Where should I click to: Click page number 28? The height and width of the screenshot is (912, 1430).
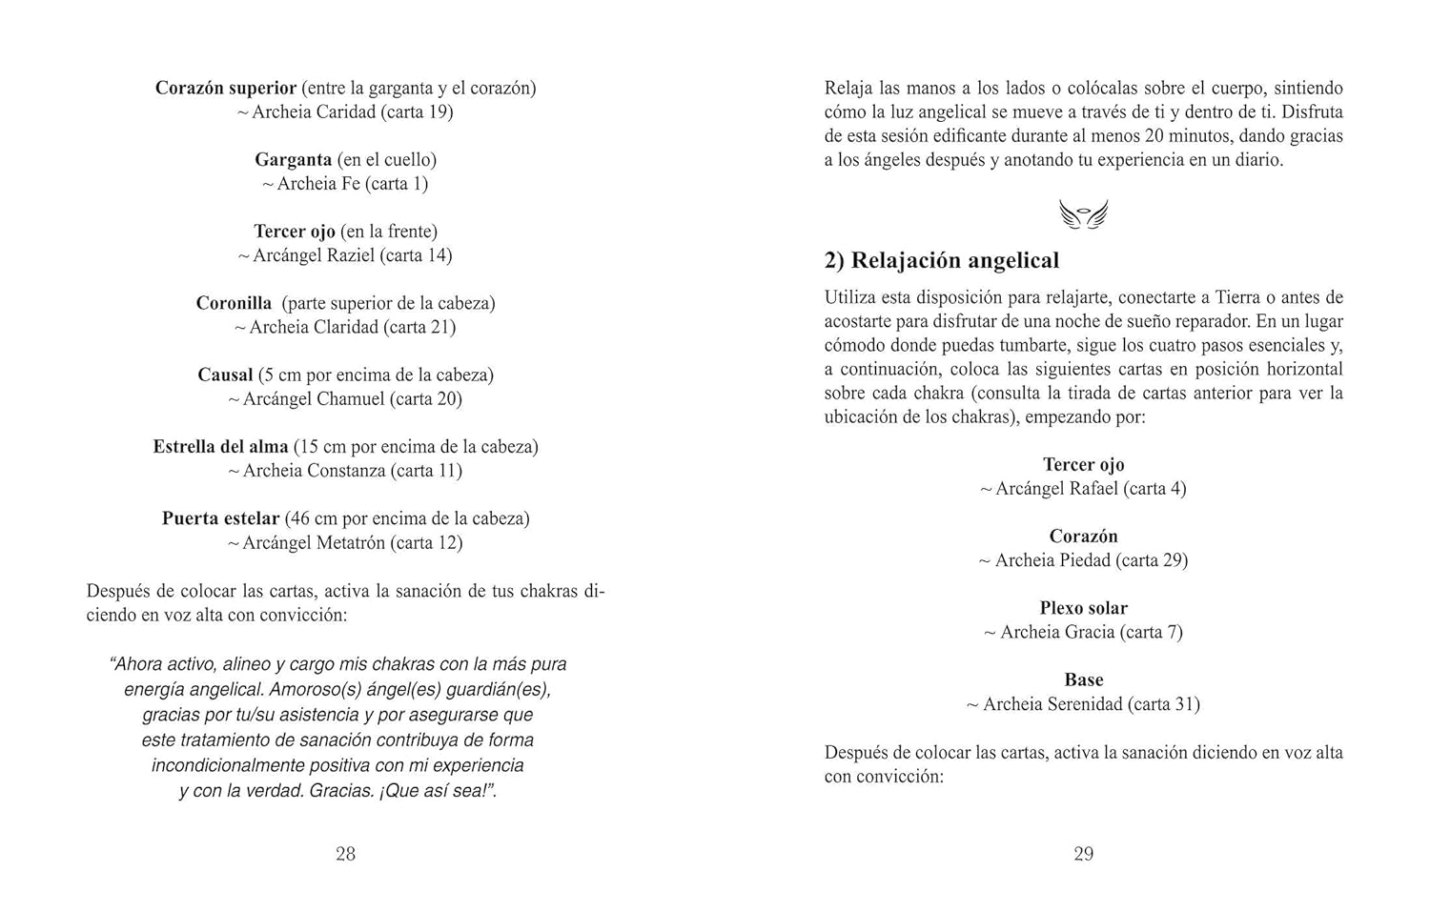345,854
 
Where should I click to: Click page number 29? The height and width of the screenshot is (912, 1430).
1083,854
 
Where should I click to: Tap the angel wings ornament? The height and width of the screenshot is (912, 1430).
1083,214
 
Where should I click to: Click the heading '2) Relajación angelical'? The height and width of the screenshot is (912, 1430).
941,260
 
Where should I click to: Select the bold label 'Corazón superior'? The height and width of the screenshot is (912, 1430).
226,88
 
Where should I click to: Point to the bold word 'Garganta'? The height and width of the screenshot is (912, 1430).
293,159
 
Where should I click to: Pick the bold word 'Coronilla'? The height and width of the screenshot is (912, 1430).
234,303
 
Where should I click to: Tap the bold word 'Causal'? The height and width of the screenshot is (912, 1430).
225,375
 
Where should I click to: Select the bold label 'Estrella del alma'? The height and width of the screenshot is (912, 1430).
220,446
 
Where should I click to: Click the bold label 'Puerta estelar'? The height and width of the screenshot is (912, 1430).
220,518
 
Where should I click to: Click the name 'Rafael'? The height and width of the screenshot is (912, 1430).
1091,489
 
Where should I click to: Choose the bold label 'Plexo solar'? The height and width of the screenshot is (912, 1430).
1083,608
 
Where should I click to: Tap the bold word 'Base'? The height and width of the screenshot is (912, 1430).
1083,679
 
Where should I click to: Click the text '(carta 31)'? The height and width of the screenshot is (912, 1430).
1163,704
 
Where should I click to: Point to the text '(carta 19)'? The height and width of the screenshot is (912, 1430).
417,111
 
